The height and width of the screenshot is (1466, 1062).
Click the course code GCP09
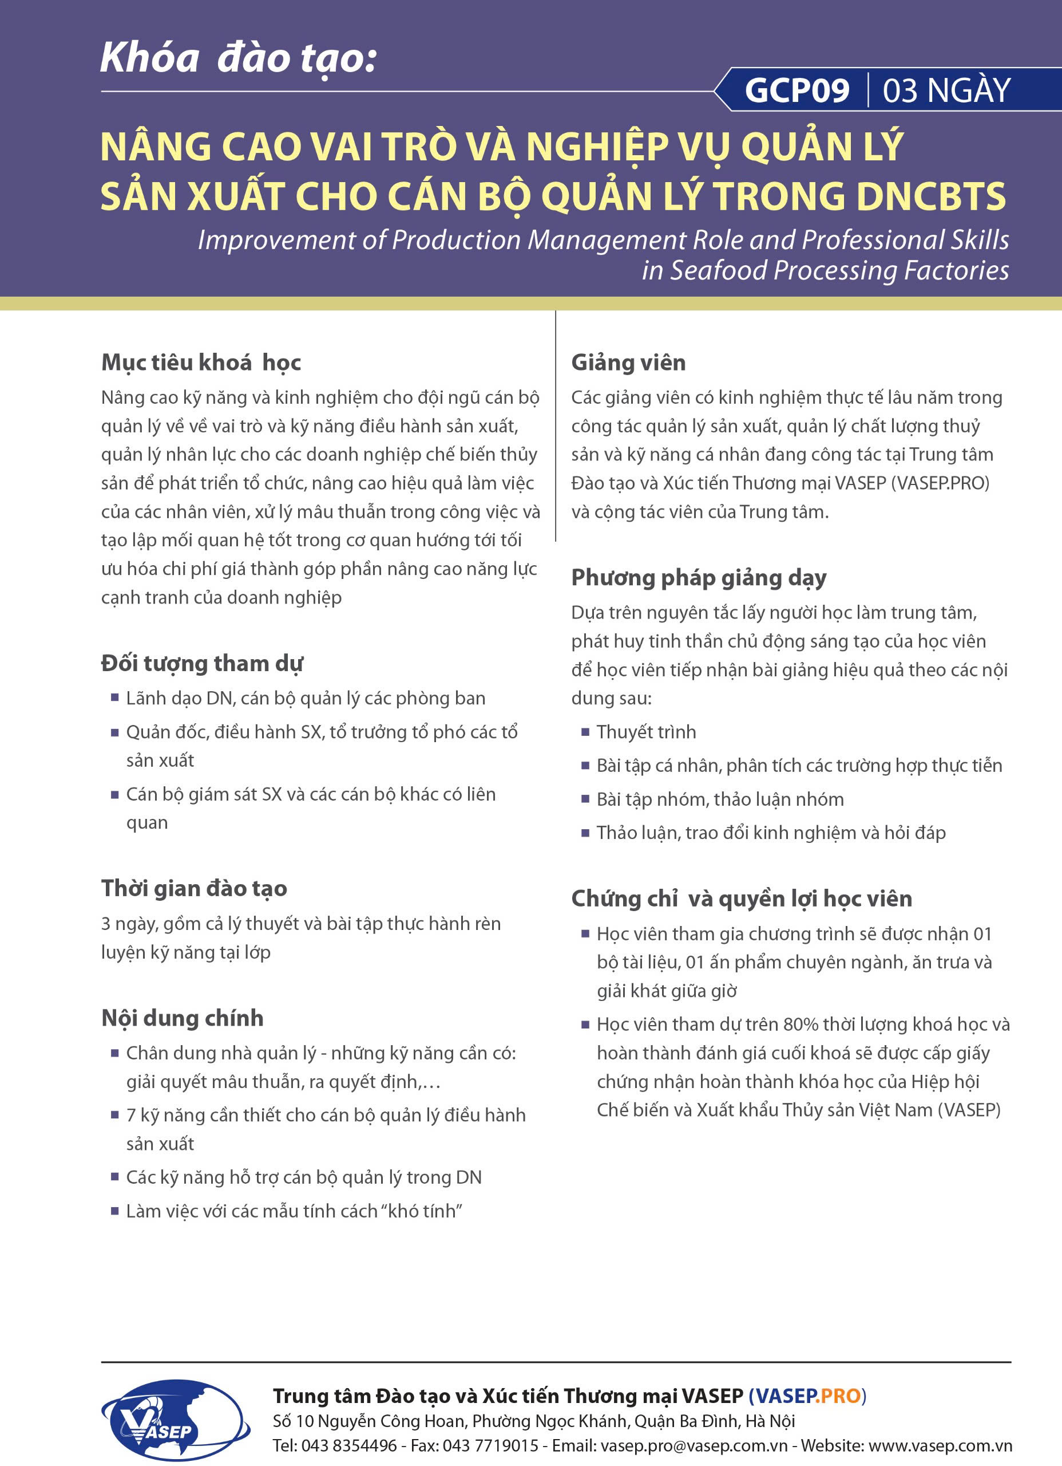[x=796, y=90]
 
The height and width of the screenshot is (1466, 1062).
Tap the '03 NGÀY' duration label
[x=946, y=90]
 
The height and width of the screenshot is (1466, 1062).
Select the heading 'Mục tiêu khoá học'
[x=201, y=362]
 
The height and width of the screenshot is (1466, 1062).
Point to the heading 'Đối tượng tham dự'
[x=201, y=664]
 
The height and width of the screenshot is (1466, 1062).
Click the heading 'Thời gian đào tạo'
[x=194, y=889]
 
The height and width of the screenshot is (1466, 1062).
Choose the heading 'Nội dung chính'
[x=182, y=1019]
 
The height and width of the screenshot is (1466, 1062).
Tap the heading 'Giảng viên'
[x=628, y=362]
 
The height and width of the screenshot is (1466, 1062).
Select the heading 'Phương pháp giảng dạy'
[x=698, y=578]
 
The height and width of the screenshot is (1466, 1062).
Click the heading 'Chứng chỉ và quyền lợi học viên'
[x=742, y=899]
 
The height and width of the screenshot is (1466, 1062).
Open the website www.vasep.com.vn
[x=940, y=1446]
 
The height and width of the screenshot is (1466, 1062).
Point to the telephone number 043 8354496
[x=349, y=1446]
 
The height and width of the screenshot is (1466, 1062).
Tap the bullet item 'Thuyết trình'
[x=646, y=732]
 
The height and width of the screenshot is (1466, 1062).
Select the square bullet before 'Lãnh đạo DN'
[x=115, y=697]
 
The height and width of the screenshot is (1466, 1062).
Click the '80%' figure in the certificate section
[x=801, y=1025]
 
